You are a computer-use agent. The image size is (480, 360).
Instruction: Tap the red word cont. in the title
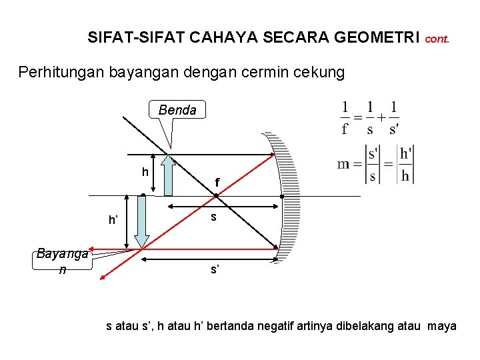(437, 39)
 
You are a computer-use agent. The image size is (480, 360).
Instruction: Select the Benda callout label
(177, 110)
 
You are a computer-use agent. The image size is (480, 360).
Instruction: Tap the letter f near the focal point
(217, 181)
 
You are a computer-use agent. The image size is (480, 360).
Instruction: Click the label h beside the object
(145, 172)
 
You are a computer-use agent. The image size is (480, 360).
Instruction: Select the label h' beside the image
(114, 221)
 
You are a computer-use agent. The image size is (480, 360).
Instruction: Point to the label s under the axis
(213, 217)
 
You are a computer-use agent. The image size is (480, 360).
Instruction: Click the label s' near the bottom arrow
(215, 269)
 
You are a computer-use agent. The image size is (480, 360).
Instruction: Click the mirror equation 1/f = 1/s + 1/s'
(370, 117)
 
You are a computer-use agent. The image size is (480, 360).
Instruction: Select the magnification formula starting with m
(375, 164)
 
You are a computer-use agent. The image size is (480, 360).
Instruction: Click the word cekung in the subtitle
(320, 72)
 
